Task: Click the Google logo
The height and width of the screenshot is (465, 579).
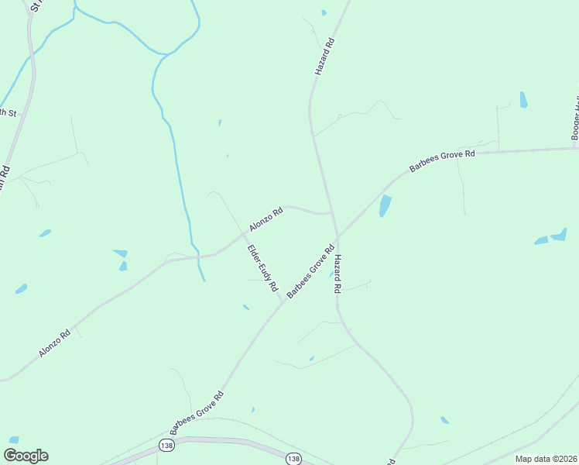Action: [x=26, y=456]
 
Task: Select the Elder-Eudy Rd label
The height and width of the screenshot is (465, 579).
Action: [x=262, y=268]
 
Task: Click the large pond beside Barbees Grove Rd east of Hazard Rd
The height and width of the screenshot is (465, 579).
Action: [x=385, y=206]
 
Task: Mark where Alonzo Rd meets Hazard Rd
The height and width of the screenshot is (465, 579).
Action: [x=331, y=212]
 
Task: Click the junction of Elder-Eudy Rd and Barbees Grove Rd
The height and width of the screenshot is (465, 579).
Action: [x=282, y=302]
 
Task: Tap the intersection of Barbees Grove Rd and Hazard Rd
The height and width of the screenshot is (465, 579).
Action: [x=337, y=236]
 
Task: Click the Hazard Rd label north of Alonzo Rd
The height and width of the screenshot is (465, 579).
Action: [x=324, y=56]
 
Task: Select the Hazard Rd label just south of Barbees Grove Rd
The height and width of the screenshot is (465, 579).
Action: [x=337, y=274]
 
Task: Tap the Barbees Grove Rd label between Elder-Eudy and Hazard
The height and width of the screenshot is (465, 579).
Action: [x=310, y=271]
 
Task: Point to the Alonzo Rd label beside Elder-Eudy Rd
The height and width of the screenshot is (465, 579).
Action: [x=266, y=218]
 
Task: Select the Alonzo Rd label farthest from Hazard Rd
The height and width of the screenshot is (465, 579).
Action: [x=54, y=343]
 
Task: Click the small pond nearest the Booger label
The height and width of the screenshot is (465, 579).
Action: [x=524, y=100]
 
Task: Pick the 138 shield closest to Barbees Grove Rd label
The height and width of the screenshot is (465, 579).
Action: [x=166, y=446]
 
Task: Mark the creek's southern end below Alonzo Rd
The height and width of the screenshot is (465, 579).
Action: [x=204, y=279]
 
